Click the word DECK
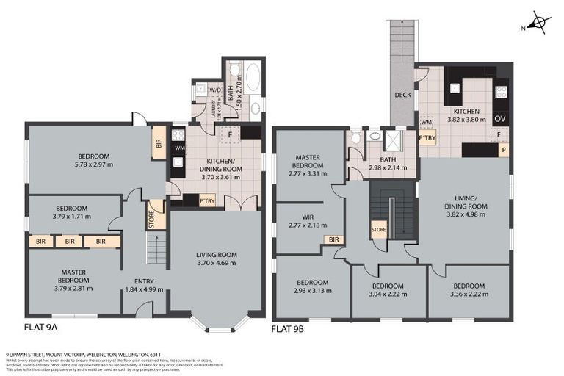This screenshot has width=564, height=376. [402, 95]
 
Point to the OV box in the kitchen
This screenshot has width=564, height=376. [501, 118]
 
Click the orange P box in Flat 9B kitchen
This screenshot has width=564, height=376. [503, 151]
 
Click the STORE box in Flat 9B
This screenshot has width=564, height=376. [378, 229]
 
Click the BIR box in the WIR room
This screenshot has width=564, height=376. [333, 239]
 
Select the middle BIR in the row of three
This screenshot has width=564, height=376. [68, 241]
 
